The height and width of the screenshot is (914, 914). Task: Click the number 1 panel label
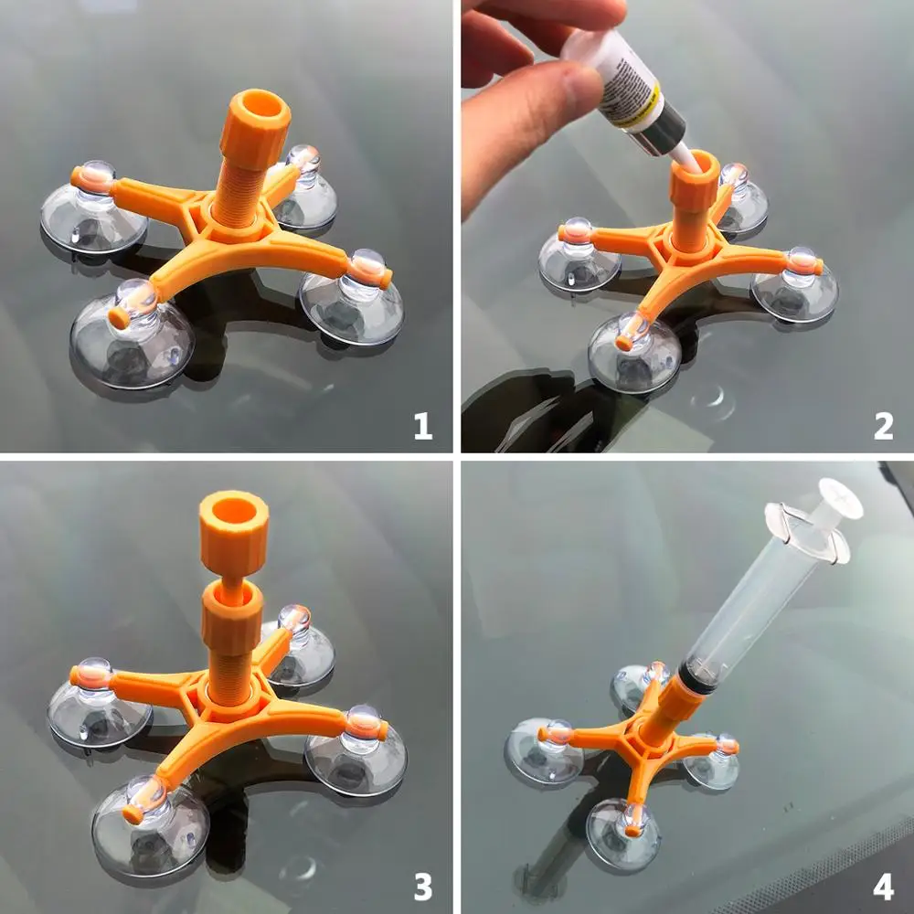click(421, 425)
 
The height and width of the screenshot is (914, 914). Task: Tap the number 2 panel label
click(883, 425)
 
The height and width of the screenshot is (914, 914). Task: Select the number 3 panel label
click(421, 886)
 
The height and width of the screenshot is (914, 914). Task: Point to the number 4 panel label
click(883, 886)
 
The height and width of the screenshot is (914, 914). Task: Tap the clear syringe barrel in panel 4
click(749, 612)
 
